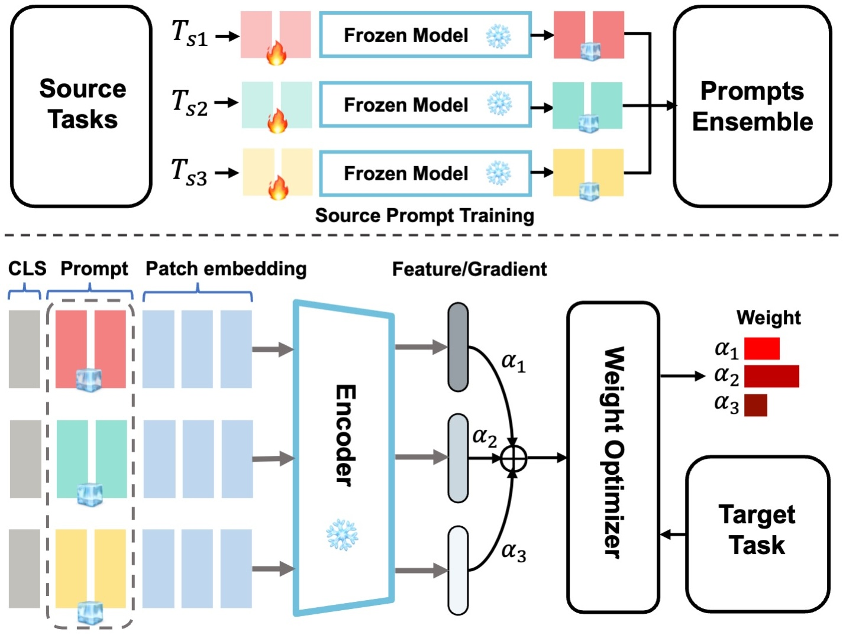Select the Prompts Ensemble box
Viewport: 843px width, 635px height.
(x=752, y=106)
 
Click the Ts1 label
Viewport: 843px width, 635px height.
(x=189, y=34)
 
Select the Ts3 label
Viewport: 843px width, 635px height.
(x=189, y=172)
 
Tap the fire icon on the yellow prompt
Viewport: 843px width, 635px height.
(x=277, y=189)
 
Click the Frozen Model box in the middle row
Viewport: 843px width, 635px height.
(x=425, y=105)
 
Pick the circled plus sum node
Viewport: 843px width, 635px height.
(x=513, y=458)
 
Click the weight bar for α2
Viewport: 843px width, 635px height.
(x=771, y=376)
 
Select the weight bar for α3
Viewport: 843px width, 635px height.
(x=755, y=405)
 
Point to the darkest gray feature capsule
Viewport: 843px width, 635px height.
(x=458, y=347)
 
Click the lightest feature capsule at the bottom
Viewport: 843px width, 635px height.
(x=458, y=570)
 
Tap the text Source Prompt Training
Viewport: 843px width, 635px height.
(x=424, y=216)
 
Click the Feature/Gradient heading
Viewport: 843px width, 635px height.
(x=469, y=270)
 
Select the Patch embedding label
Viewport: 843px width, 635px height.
(x=226, y=268)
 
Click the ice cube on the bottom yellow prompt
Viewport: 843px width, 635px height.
(x=91, y=613)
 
